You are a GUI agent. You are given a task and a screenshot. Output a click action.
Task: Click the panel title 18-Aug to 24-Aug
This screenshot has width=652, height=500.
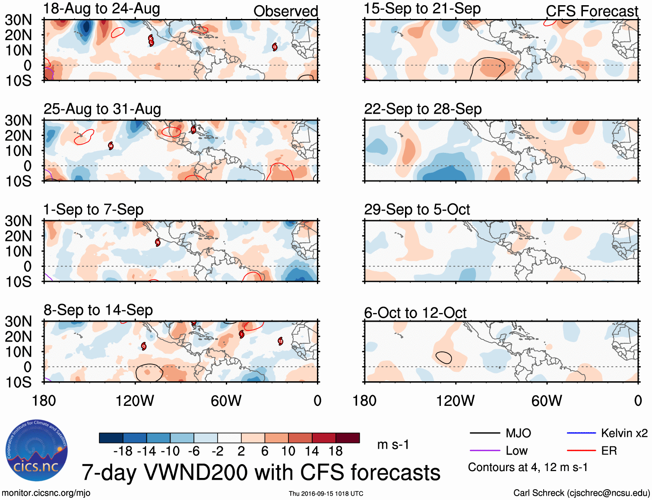102,9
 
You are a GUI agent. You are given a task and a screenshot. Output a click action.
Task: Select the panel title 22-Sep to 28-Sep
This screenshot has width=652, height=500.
423,109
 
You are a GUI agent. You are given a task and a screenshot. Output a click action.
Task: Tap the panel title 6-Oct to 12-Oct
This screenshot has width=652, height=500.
415,313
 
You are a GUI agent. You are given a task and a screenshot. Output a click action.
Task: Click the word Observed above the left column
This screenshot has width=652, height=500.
285,11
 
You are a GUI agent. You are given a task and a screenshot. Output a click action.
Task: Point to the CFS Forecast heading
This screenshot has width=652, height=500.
592,11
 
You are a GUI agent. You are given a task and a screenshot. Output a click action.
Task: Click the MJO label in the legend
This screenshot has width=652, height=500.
518,433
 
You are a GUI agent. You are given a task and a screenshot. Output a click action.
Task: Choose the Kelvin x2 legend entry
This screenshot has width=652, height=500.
624,433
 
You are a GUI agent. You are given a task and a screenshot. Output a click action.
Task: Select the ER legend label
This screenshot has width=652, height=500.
609,451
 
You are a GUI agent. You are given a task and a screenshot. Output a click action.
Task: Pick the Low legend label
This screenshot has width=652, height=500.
516,451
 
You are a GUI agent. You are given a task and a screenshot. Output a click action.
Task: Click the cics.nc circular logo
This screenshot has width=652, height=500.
36,450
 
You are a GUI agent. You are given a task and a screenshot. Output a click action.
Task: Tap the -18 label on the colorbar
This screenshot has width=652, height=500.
123,451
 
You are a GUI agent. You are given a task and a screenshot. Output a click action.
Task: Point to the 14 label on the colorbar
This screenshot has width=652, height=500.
312,451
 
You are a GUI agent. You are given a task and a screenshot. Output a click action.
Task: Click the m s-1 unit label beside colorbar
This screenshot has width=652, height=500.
392,444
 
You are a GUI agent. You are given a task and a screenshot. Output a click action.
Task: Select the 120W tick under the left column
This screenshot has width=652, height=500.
135,401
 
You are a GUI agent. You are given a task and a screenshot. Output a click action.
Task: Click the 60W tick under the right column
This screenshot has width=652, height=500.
547,401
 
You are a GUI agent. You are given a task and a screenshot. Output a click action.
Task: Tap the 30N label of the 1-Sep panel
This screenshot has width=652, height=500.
18,221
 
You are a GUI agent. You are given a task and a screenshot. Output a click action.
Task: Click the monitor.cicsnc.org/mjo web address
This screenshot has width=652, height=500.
46,493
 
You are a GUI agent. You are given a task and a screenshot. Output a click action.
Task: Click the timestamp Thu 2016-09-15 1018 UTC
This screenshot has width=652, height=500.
326,494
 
